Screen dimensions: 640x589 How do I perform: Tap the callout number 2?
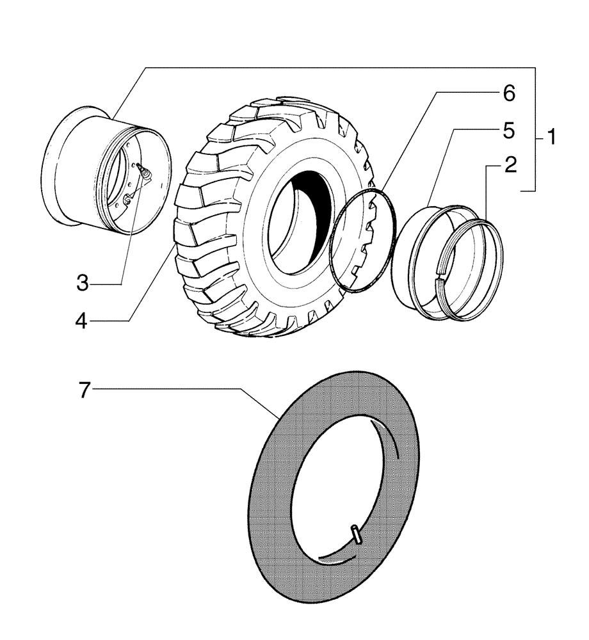point(510,165)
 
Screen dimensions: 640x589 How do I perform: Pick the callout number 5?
point(508,131)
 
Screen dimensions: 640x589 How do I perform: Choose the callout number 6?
point(508,93)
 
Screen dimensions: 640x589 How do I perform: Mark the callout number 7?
point(86,389)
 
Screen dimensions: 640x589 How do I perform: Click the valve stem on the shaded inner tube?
point(356,534)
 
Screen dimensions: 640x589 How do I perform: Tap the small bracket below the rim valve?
point(129,200)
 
